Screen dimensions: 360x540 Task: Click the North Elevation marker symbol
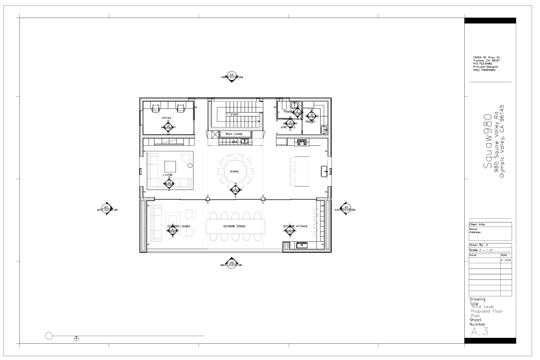tap(231, 76)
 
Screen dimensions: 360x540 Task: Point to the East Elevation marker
tap(346, 208)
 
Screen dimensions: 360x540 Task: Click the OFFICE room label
tap(167, 118)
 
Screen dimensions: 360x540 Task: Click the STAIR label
tap(234, 114)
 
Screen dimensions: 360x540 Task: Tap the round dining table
tap(235, 171)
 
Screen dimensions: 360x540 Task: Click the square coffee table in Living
tap(170, 166)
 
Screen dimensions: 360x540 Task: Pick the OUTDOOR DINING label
tap(234, 226)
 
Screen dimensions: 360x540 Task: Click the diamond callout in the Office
tap(168, 127)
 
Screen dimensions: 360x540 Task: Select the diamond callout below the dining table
tap(235, 190)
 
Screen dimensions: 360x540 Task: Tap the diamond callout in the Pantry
tap(312, 116)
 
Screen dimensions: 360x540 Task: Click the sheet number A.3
tap(479, 331)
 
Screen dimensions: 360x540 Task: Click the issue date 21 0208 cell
tap(505, 260)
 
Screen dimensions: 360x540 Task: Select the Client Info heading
tap(477, 224)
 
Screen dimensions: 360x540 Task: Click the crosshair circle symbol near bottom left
tap(76, 339)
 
